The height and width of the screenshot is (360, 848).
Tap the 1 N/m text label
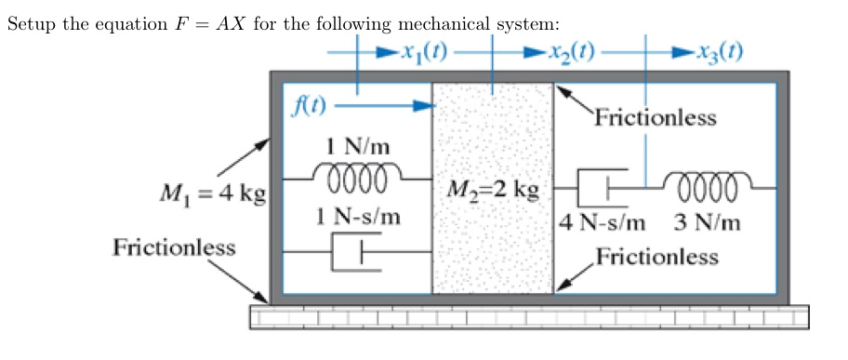click(358, 147)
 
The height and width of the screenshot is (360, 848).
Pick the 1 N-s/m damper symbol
click(357, 251)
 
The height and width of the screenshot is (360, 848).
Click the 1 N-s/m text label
click(358, 217)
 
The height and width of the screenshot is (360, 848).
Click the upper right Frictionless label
click(656, 118)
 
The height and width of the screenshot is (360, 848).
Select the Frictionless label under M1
click(174, 248)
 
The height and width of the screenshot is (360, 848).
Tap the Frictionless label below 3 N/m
click(657, 256)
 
